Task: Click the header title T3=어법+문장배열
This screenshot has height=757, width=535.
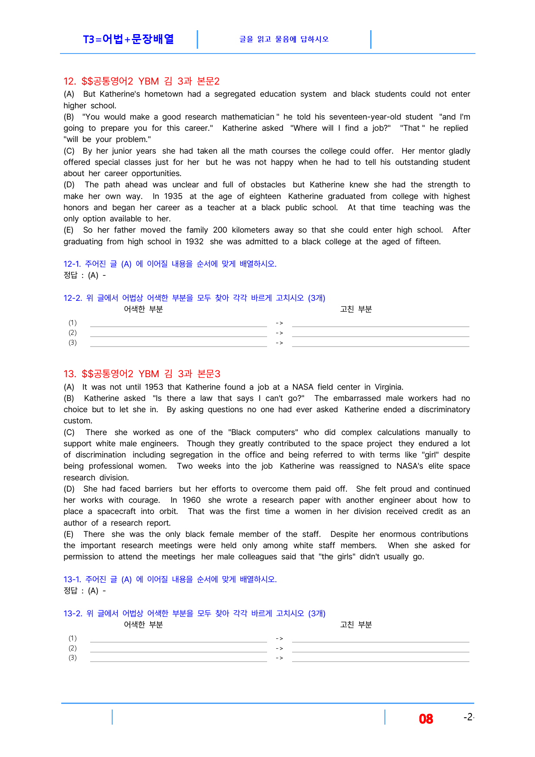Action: [x=128, y=39]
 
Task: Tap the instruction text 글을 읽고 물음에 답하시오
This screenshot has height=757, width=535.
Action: [x=284, y=39]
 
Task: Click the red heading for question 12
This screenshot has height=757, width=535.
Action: [x=142, y=81]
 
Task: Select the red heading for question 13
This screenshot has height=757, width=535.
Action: [x=142, y=374]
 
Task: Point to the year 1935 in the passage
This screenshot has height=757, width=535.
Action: [x=173, y=196]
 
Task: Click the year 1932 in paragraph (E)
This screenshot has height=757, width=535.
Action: [x=194, y=242]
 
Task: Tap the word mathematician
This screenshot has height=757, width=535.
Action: [x=248, y=117]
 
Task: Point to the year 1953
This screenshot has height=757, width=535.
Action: [x=154, y=387]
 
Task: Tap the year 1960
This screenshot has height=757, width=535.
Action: [x=192, y=500]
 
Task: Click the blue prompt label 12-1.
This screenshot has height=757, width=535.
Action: [x=72, y=264]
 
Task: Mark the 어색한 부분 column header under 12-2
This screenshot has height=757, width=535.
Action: [x=143, y=309]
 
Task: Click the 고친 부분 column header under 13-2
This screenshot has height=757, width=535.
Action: [x=356, y=625]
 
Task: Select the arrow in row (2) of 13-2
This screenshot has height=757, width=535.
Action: [x=280, y=648]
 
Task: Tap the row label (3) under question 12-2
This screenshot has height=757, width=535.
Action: [x=72, y=343]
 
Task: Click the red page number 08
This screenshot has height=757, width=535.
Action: [x=426, y=719]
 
